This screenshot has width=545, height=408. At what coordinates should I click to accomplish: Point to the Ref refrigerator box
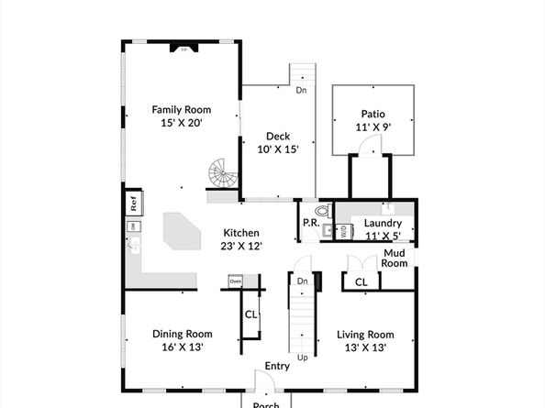[132, 201]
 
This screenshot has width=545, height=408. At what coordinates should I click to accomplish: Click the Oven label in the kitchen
[236, 281]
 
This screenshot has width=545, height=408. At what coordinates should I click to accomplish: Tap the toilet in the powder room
[319, 210]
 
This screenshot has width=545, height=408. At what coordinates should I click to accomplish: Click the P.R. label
[310, 224]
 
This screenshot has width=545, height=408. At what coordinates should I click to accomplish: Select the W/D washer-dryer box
[343, 232]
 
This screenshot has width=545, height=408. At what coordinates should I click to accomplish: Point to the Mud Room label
[395, 258]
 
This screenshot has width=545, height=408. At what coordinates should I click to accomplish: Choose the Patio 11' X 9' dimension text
[373, 127]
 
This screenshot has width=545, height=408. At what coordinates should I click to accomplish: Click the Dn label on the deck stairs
[301, 90]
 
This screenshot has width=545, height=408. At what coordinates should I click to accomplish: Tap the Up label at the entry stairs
[302, 358]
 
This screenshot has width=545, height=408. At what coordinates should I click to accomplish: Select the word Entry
[277, 367]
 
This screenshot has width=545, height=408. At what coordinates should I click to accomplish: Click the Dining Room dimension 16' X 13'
[183, 347]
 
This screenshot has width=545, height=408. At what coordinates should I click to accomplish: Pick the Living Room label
[365, 334]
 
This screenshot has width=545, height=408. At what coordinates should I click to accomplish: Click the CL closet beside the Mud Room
[361, 281]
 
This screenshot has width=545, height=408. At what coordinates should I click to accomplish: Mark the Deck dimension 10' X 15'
[278, 149]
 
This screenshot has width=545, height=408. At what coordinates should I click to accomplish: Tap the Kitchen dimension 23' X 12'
[241, 246]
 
